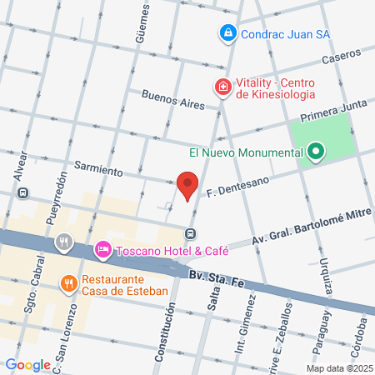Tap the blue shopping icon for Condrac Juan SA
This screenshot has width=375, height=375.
[227, 33]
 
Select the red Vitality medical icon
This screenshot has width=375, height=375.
[222, 86]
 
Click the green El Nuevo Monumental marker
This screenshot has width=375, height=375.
[315, 152]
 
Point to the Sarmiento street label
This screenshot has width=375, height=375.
[98, 166]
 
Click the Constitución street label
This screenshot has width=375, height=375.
[167, 330]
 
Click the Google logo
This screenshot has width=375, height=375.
[27, 365]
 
